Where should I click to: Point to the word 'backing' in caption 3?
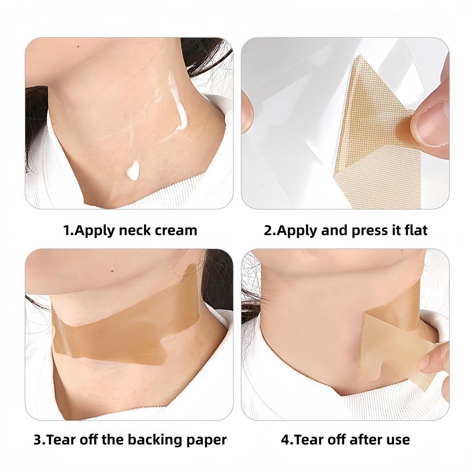[x=154, y=440]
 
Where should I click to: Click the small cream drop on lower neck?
[x=133, y=171]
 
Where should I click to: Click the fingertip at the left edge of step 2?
[x=247, y=110]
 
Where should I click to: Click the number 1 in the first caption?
[x=66, y=230]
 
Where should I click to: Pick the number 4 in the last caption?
[x=285, y=440]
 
